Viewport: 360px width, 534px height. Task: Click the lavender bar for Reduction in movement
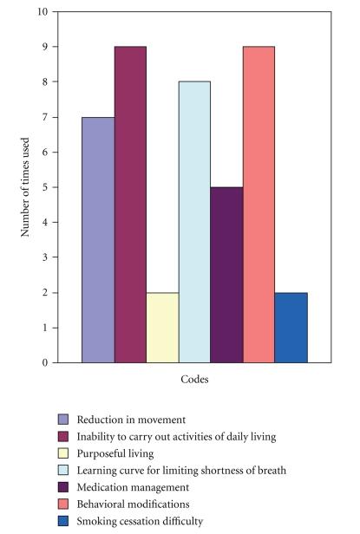coord(98,240)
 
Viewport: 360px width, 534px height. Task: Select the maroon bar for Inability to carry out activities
coord(130,205)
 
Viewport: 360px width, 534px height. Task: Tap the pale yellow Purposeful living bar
coord(162,328)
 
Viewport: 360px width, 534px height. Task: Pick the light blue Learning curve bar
coord(194,222)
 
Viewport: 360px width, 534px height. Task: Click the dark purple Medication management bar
coord(226,275)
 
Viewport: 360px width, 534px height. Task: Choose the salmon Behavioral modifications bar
coord(259,205)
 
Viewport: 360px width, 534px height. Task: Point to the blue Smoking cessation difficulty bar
coord(291,328)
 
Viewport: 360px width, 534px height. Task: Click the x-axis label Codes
coord(193,380)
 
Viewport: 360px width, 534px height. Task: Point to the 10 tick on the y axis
coord(43,12)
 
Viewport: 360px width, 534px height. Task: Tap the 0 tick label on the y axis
coord(45,363)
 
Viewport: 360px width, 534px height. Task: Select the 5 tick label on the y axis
coord(45,187)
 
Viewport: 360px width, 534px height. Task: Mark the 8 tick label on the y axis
coord(45,82)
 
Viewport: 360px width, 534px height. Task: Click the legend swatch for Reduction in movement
coord(64,420)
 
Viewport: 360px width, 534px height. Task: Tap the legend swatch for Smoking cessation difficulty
coord(64,520)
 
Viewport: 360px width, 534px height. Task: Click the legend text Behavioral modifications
coord(131,504)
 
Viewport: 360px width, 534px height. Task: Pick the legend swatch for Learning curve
coord(64,471)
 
